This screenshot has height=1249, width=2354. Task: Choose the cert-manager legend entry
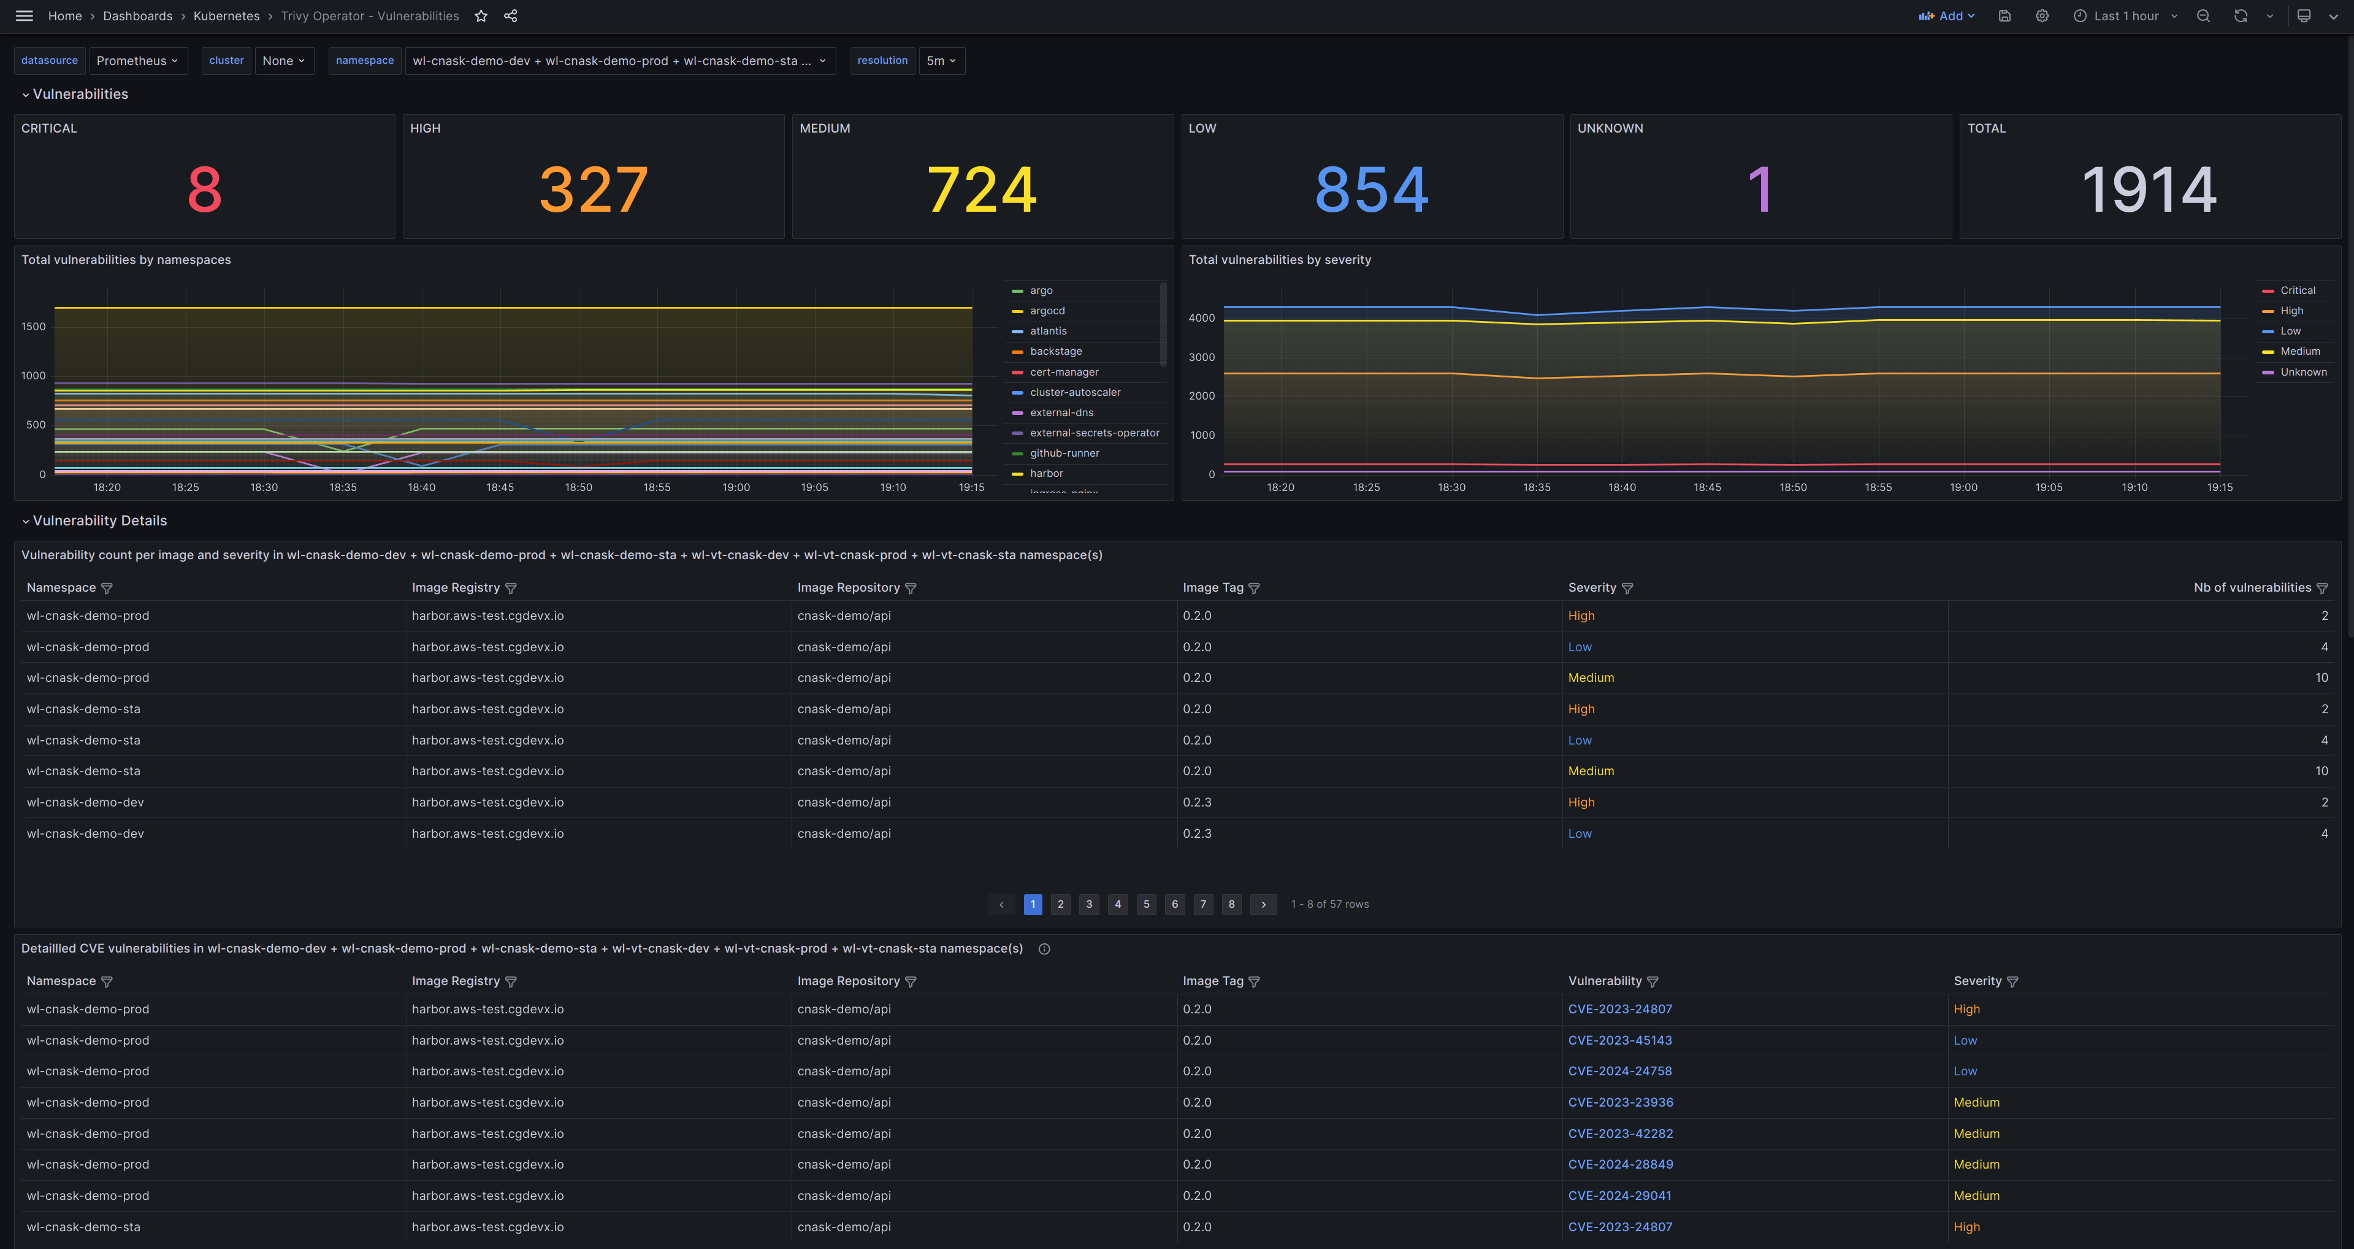(x=1064, y=372)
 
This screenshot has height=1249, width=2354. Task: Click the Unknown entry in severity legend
(x=2303, y=372)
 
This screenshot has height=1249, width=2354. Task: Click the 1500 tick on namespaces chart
(x=33, y=327)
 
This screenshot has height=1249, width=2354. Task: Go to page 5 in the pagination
(x=1146, y=904)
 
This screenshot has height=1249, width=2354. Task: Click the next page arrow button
(x=1263, y=904)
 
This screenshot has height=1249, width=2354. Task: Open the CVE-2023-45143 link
(x=1619, y=1040)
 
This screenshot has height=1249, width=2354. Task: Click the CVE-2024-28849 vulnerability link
(x=1620, y=1164)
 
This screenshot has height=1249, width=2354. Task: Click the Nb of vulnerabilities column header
(x=2252, y=588)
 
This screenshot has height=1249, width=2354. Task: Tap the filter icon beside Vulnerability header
(x=1652, y=982)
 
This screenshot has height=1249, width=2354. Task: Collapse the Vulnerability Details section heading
(x=99, y=521)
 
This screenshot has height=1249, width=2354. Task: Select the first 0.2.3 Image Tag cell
(x=1196, y=802)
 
